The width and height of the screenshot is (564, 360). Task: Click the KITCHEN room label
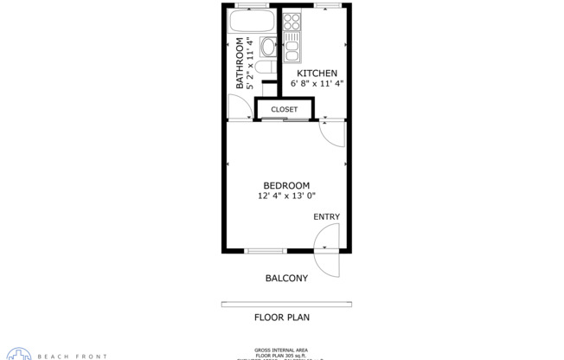317,74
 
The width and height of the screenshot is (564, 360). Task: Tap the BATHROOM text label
240,63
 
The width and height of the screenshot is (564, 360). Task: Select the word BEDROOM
286,185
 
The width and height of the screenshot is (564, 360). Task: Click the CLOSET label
284,110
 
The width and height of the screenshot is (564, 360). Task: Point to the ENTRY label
326,216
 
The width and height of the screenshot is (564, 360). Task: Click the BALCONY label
285,278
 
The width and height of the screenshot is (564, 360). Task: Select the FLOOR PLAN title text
281,318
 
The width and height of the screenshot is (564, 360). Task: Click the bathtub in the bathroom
253,21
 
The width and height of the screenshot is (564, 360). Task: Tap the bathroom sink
268,46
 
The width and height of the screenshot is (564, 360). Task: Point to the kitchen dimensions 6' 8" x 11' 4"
317,84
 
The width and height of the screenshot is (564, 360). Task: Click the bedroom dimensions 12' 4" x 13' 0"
286,196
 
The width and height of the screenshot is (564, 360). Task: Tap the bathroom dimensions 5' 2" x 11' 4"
251,63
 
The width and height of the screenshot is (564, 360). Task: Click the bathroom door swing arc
238,106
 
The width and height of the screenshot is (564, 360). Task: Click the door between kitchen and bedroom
331,132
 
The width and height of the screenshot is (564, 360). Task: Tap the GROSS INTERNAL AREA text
281,349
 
